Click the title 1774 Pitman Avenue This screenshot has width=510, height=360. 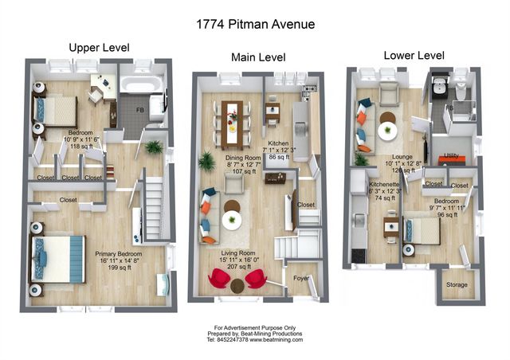[255, 24]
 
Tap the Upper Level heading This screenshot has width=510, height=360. [99, 47]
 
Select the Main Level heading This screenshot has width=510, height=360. [257, 57]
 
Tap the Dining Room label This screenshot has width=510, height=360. [243, 158]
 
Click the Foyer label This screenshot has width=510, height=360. [303, 279]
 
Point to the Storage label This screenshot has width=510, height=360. [457, 284]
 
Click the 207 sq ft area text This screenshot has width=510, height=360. [244, 268]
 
